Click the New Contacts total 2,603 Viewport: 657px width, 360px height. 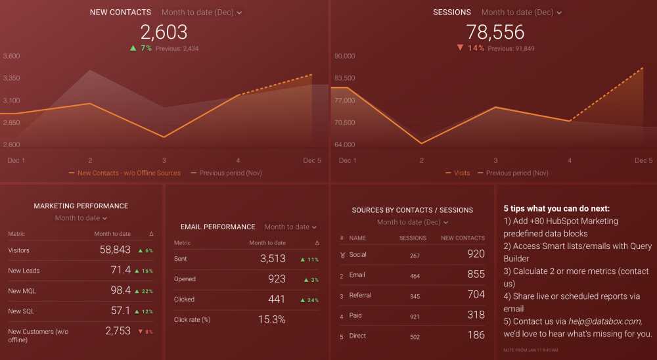pyautogui.click(x=164, y=32)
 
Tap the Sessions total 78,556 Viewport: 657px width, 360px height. pyautogui.click(x=495, y=32)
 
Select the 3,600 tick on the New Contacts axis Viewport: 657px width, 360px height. pyautogui.click(x=12, y=56)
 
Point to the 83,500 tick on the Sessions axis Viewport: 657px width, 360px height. pyautogui.click(x=345, y=78)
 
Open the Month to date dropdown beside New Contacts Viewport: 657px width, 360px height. pyautogui.click(x=202, y=12)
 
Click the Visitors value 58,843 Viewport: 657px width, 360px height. pyautogui.click(x=115, y=250)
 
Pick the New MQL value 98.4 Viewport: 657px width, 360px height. pyautogui.click(x=120, y=290)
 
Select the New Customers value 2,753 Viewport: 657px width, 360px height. pyautogui.click(x=118, y=331)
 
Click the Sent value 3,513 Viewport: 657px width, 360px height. pyautogui.click(x=273, y=259)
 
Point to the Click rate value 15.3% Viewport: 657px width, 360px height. pyautogui.click(x=273, y=319)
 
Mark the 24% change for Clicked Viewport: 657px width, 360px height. pyautogui.click(x=309, y=300)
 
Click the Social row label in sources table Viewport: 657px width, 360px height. pyautogui.click(x=358, y=255)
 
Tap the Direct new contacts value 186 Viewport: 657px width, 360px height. pyautogui.click(x=476, y=336)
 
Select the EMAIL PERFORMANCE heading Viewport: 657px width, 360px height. pyautogui.click(x=217, y=227)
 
